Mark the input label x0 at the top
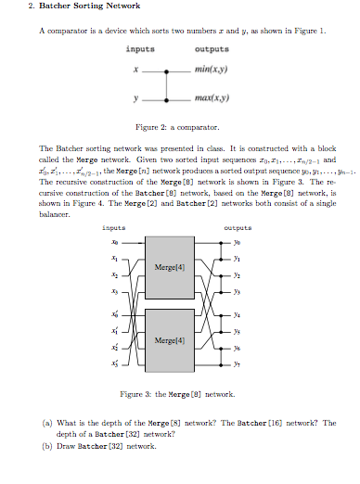click(x=115, y=241)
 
